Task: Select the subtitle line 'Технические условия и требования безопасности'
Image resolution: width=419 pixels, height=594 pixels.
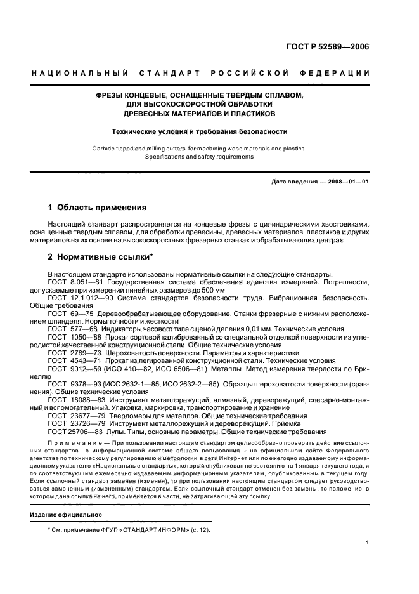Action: click(200, 132)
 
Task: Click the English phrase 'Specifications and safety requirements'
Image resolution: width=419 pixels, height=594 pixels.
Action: click(200, 156)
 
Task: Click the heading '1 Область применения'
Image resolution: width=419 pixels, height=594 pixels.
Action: click(98, 207)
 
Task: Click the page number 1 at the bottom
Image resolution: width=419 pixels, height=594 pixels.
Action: click(368, 543)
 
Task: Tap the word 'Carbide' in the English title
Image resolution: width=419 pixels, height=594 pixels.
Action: click(103, 148)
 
